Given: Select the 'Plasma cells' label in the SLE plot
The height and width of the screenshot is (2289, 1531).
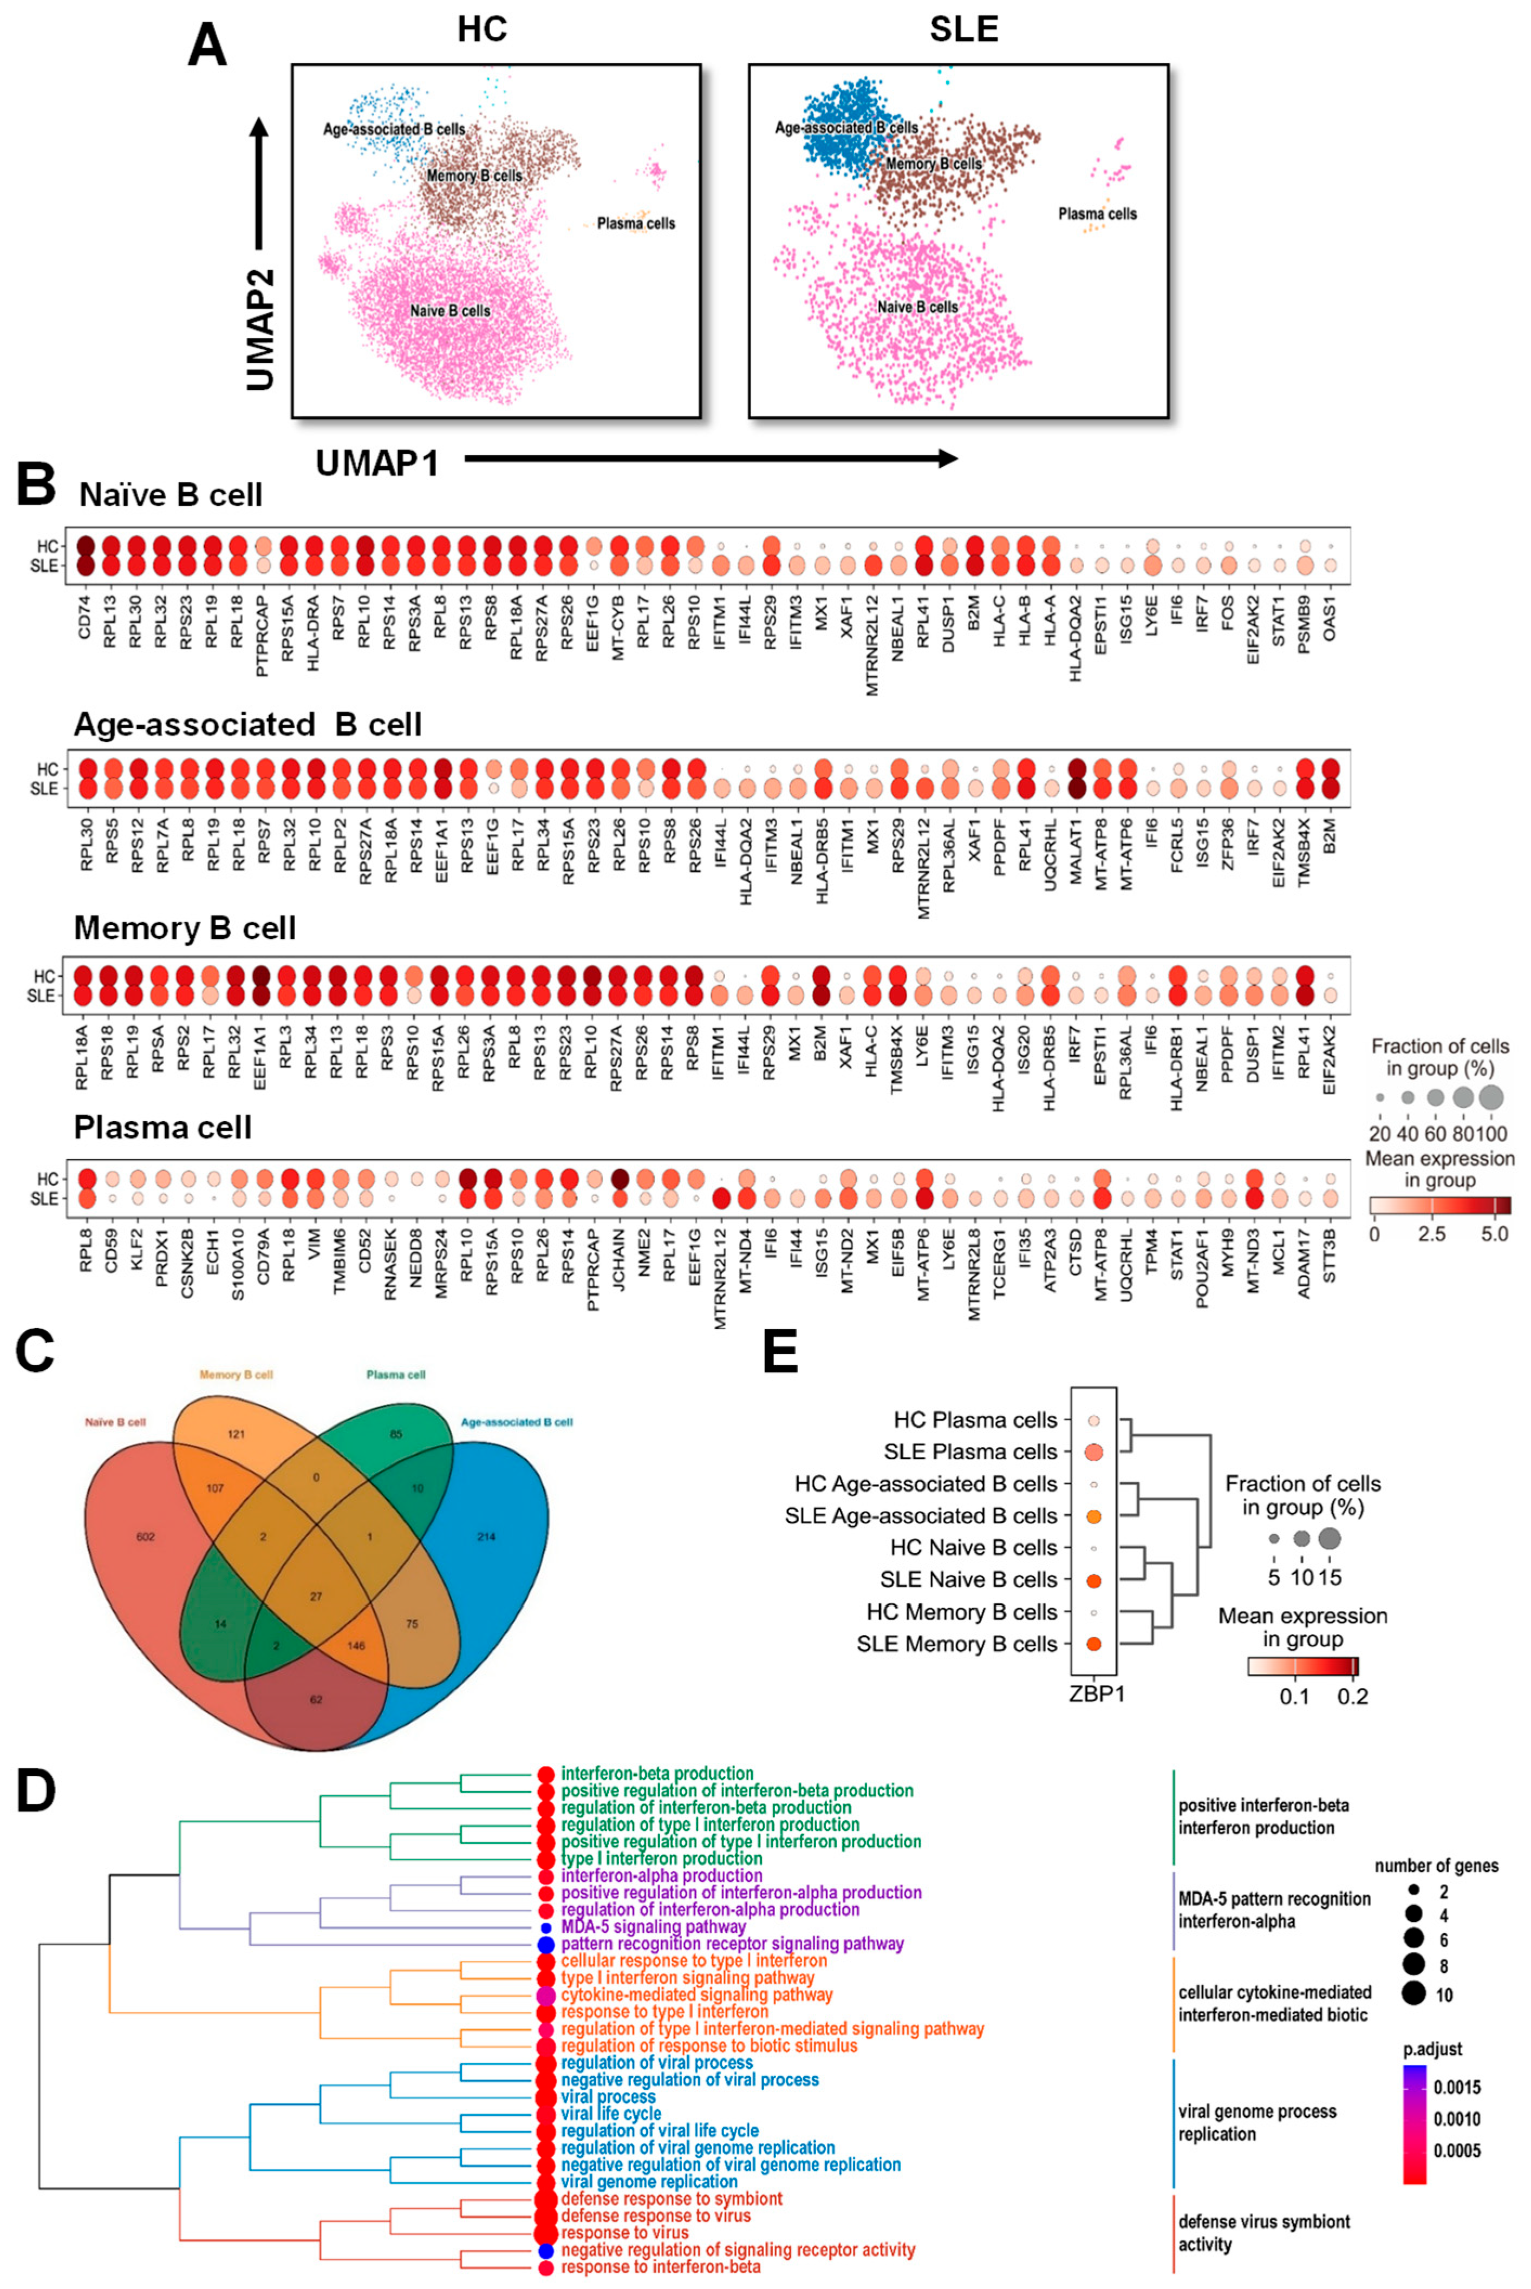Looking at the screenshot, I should pyautogui.click(x=1097, y=214).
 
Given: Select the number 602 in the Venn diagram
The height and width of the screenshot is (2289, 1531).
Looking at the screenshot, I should pyautogui.click(x=146, y=1536).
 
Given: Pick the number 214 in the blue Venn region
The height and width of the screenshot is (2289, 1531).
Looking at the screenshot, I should pyautogui.click(x=485, y=1536).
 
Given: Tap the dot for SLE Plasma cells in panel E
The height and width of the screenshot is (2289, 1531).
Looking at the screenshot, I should pyautogui.click(x=1093, y=1451).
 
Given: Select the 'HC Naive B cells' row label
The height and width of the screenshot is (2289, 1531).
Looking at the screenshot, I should pyautogui.click(x=974, y=1547).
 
